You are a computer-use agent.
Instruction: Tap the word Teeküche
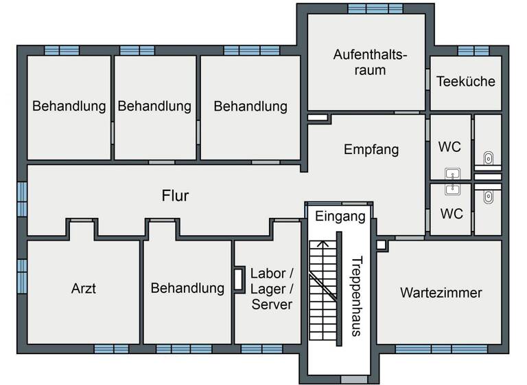465,81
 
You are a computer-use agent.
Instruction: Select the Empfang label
371,149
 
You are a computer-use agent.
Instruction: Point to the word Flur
175,196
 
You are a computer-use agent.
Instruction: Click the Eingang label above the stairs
340,217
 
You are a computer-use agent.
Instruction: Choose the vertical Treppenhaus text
356,296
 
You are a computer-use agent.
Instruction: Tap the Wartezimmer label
441,293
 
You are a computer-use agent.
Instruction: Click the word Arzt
84,288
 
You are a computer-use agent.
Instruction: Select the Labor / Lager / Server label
272,289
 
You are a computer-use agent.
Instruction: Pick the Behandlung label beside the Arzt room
187,288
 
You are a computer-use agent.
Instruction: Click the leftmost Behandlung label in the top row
69,107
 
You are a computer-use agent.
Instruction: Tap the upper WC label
449,146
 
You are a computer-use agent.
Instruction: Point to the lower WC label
451,214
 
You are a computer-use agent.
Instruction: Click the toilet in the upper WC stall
488,159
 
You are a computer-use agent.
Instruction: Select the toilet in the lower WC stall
488,197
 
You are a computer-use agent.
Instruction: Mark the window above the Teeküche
473,51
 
